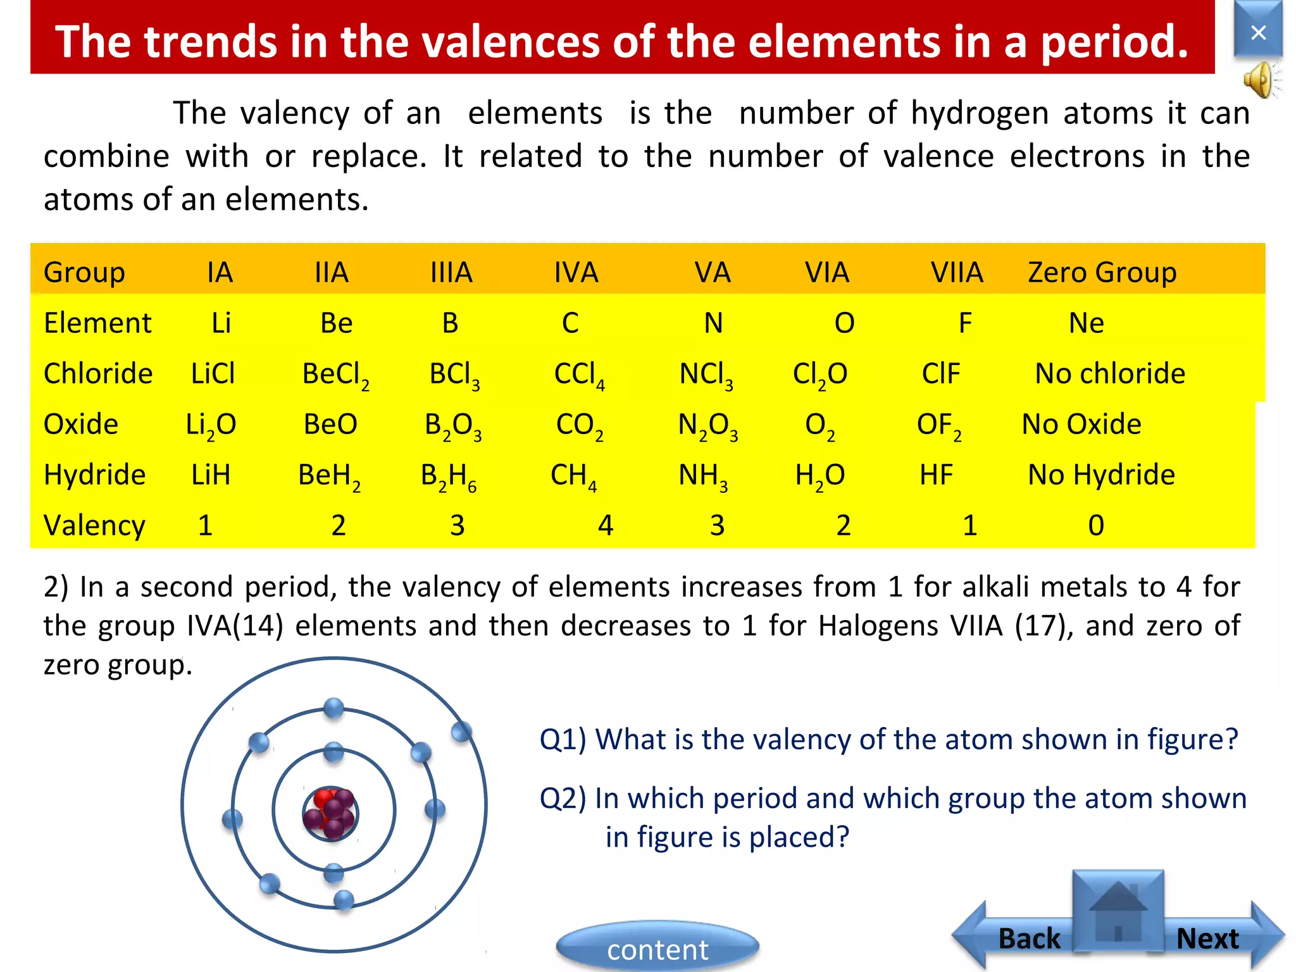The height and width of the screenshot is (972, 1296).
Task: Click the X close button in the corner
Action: point(1258,32)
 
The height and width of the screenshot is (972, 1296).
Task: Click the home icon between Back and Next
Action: point(1118,911)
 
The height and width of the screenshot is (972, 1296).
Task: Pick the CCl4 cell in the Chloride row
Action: point(579,375)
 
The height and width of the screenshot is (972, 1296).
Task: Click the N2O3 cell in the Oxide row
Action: point(707,425)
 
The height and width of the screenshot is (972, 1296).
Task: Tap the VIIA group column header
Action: point(957,273)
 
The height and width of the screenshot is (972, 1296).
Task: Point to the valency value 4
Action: point(606,525)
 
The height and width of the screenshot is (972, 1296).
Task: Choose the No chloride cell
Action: point(1110,374)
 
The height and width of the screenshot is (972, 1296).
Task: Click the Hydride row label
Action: point(95,475)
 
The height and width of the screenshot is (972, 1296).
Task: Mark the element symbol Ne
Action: point(1086,323)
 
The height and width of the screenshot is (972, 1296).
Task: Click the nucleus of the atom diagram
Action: point(330,813)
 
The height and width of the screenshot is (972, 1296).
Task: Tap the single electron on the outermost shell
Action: point(461,732)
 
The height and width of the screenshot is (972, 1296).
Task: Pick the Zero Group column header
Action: point(1102,273)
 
